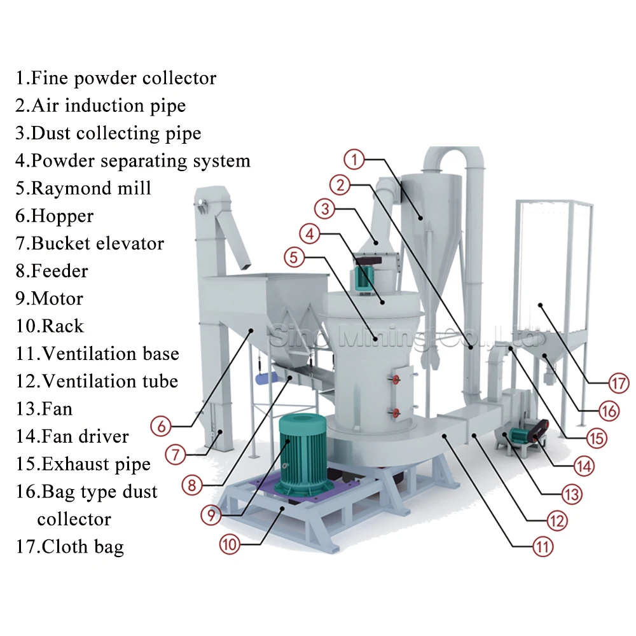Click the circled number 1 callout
(x=354, y=158)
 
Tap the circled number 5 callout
(x=295, y=258)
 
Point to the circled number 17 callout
(x=618, y=384)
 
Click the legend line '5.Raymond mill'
(x=83, y=188)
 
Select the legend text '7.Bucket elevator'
(x=90, y=243)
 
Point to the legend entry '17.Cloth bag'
(x=70, y=546)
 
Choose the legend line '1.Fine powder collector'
(x=116, y=78)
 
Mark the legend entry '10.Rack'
(x=50, y=326)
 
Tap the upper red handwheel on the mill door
(x=396, y=380)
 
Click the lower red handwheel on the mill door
(x=396, y=413)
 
